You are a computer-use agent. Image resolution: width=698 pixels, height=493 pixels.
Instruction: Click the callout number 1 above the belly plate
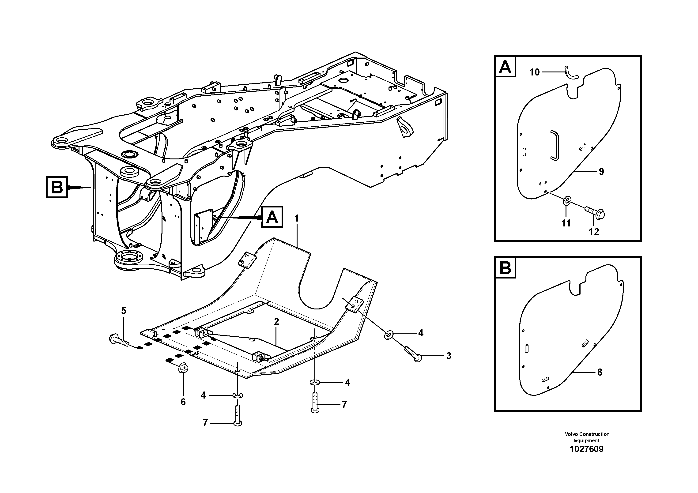click(x=296, y=218)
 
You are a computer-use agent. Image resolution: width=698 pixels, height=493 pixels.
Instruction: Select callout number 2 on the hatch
click(x=276, y=322)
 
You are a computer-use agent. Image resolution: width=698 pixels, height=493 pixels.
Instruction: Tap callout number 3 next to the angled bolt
click(x=449, y=356)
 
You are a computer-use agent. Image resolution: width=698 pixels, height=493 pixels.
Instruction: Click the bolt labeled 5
click(x=119, y=341)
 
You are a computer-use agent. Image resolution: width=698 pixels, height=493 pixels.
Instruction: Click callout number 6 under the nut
click(x=183, y=402)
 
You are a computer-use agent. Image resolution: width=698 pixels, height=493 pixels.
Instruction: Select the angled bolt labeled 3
click(x=412, y=354)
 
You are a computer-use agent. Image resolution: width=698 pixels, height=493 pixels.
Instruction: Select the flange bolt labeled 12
click(x=594, y=213)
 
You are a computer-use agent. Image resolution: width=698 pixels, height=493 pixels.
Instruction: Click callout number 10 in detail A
click(x=534, y=72)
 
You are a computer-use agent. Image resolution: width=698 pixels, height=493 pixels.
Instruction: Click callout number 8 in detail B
click(x=600, y=372)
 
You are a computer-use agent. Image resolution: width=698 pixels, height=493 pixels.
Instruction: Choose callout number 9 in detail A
click(x=601, y=172)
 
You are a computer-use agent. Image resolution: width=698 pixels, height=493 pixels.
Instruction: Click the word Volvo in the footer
click(x=571, y=434)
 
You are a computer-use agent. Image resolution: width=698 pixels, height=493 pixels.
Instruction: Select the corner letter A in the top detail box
click(x=505, y=67)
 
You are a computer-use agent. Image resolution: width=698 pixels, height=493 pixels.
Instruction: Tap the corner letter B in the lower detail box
click(x=505, y=268)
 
